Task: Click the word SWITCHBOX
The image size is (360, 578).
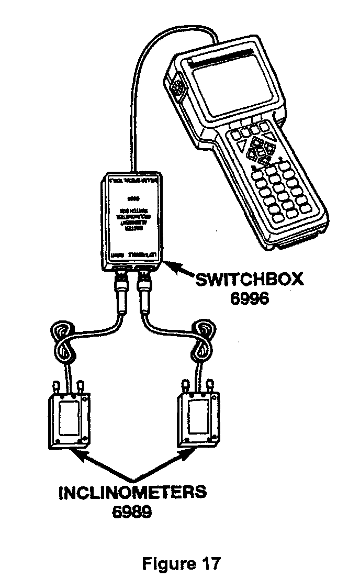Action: [249, 279]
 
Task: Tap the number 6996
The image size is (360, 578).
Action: [249, 299]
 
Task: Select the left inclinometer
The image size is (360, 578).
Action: [68, 419]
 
